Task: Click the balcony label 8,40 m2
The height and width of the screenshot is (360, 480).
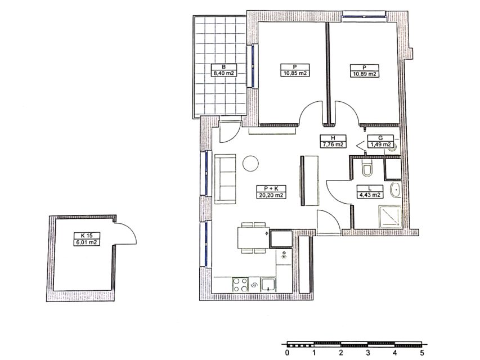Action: click(x=224, y=70)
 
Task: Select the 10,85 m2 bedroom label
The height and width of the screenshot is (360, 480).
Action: click(x=295, y=70)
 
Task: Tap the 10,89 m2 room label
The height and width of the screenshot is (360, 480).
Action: click(x=364, y=71)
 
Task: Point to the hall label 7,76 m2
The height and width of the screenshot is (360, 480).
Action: click(x=333, y=141)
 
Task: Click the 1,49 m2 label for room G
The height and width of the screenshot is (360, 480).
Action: click(x=380, y=141)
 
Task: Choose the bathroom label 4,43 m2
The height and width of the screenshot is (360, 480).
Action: click(x=370, y=192)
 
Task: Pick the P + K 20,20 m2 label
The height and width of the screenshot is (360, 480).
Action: click(x=271, y=192)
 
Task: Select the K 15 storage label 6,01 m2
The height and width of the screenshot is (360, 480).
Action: click(x=87, y=239)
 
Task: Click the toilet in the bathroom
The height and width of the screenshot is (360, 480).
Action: click(x=367, y=169)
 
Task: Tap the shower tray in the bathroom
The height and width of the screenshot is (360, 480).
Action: click(x=390, y=217)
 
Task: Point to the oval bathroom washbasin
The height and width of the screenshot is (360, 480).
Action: click(x=396, y=190)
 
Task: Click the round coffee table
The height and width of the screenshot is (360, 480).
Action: click(x=250, y=164)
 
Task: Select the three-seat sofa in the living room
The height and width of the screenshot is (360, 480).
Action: click(x=225, y=179)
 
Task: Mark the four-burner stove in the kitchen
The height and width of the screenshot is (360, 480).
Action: click(x=240, y=285)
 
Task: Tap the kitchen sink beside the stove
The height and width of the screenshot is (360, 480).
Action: click(x=268, y=285)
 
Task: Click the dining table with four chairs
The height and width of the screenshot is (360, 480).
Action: click(x=253, y=238)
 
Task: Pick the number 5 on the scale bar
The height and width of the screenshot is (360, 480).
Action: click(x=422, y=353)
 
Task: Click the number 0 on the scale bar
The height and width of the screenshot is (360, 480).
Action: click(x=287, y=353)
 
